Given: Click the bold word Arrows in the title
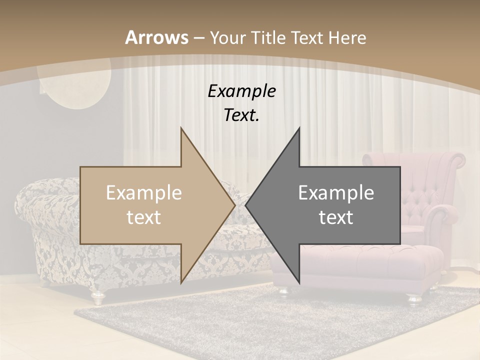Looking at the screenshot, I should click(x=156, y=37).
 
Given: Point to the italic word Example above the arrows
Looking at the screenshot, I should click(x=241, y=91).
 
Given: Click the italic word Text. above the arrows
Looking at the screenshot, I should click(x=241, y=115).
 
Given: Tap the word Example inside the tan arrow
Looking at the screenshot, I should click(x=144, y=193).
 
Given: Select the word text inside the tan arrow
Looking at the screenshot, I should click(x=144, y=217).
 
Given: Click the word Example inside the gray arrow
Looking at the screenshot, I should click(x=336, y=193).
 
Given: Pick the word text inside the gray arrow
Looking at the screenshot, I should click(x=336, y=217).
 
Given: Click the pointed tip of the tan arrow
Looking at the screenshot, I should click(x=234, y=205).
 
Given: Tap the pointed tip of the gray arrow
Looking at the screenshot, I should click(x=245, y=205).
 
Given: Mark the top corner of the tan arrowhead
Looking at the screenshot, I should click(x=181, y=128).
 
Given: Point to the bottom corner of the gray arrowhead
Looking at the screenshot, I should click(x=299, y=283).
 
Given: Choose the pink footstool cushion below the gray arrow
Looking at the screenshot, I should click(x=380, y=260).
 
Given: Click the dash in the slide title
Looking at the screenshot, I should click(x=198, y=38).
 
